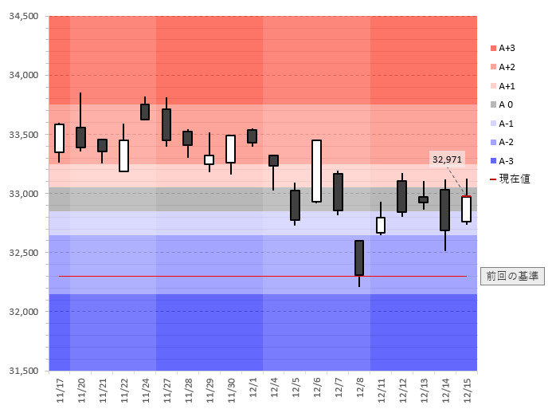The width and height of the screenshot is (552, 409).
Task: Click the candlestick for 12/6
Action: coord(316,171)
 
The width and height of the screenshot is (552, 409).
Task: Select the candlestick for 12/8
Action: coord(359,258)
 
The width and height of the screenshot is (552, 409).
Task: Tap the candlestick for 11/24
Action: coord(145,112)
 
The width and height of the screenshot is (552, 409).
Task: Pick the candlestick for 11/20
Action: coord(80,137)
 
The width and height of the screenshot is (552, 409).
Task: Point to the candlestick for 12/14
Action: coord(444,210)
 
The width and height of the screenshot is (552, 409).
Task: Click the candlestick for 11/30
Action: coord(230,149)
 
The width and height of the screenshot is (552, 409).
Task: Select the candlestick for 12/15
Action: coord(466,209)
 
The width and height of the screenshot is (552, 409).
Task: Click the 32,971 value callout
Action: coord(446,159)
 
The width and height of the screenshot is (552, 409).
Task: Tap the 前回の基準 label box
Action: coord(512,276)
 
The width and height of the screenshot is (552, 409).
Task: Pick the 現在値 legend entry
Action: coord(510,179)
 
